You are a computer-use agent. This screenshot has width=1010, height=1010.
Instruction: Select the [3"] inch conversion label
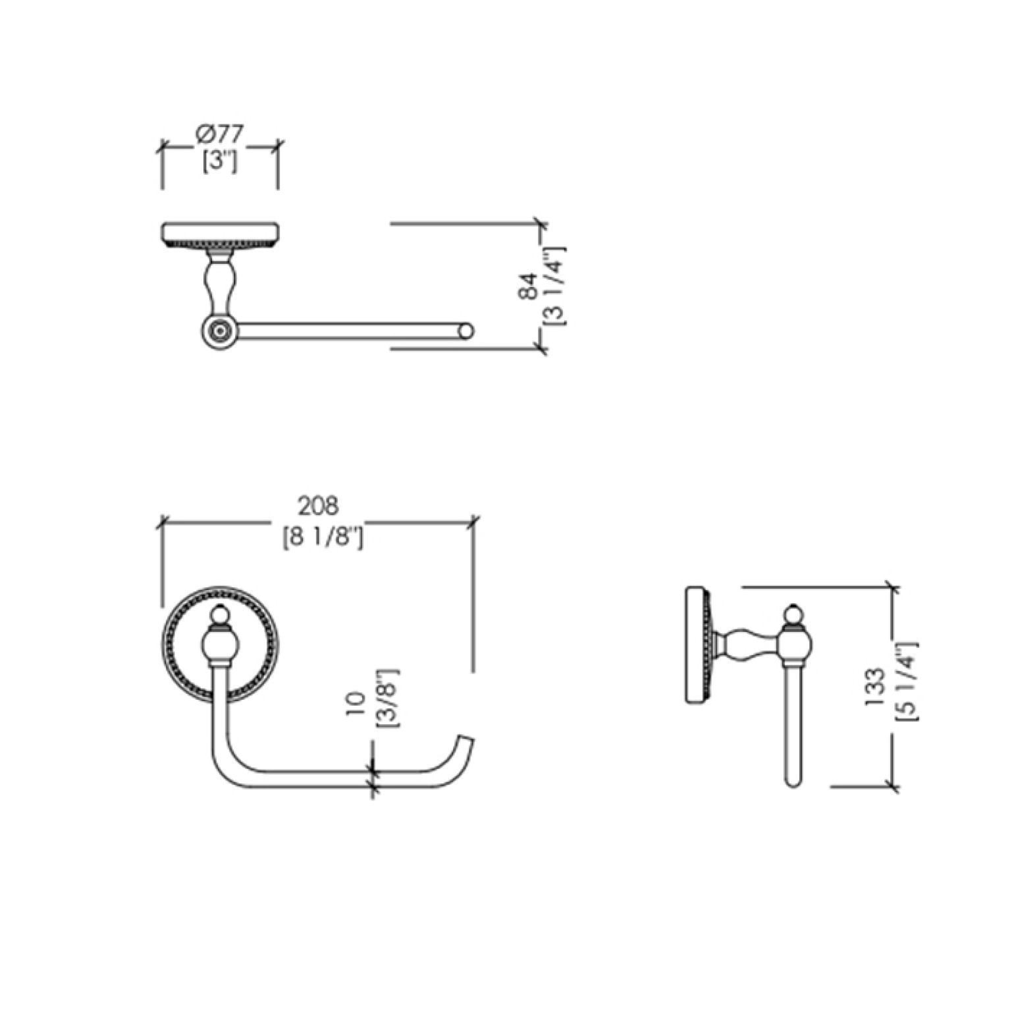pyautogui.click(x=220, y=161)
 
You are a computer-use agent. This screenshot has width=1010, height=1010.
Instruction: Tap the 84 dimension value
pyautogui.click(x=528, y=286)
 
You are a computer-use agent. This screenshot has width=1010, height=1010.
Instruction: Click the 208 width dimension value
pyautogui.click(x=318, y=506)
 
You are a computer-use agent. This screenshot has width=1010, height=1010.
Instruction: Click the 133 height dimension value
pyautogui.click(x=874, y=688)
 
